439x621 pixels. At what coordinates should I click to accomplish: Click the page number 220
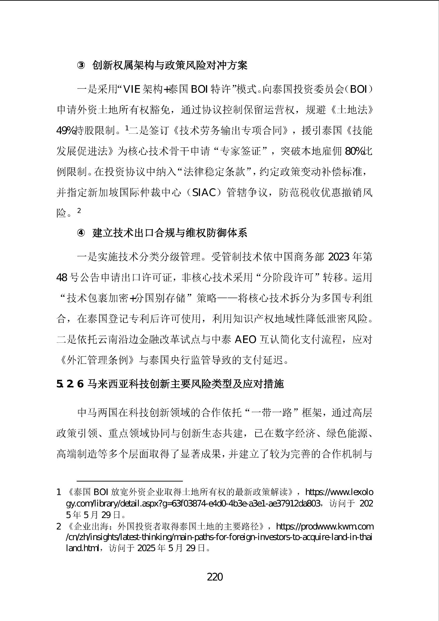215,576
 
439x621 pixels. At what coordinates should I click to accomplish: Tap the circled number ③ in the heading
81,66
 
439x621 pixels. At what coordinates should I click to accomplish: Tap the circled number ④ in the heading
81,233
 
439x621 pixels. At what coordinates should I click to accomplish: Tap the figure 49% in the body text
65,130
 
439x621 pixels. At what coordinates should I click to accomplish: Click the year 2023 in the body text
339,257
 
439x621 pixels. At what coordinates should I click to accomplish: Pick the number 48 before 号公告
62,278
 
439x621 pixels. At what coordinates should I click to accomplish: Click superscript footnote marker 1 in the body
127,128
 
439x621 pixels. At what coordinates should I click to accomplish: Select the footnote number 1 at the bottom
58,492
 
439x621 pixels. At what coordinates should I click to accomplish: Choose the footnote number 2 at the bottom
58,526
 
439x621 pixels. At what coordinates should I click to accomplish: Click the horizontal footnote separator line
130,481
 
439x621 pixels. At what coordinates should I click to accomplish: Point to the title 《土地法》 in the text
352,110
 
